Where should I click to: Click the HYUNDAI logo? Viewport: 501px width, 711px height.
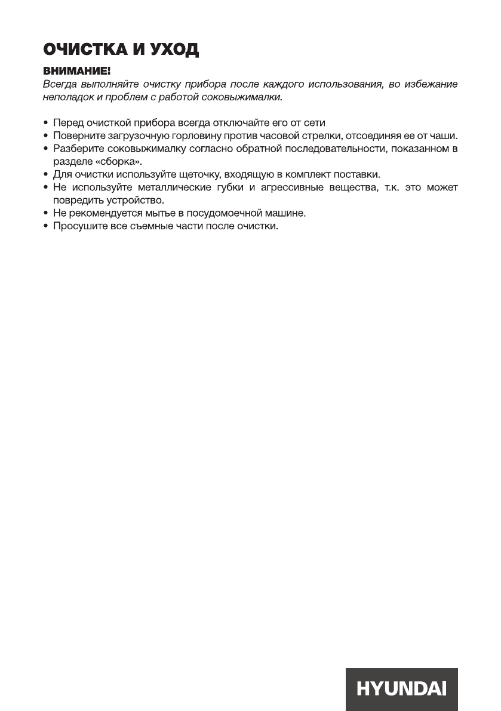[401, 689]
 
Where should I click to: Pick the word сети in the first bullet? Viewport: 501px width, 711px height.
[315, 123]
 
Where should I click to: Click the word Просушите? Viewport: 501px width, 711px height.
[76, 227]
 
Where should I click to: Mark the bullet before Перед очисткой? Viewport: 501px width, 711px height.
[46, 123]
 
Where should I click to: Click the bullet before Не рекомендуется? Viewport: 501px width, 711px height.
[46, 214]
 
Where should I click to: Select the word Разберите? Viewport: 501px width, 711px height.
[76, 149]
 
